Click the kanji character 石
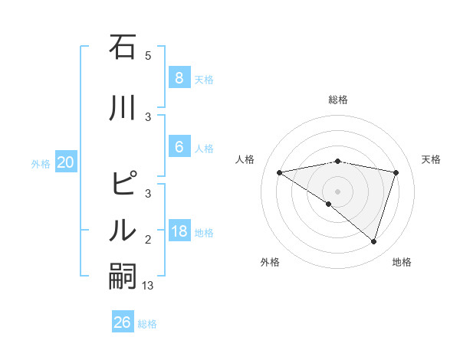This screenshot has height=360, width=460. (123, 47)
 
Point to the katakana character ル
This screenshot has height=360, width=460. (123, 231)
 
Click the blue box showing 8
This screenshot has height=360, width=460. (179, 78)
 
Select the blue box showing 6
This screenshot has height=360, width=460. (179, 147)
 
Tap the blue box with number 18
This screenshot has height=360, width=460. (179, 231)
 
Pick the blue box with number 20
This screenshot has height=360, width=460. (66, 162)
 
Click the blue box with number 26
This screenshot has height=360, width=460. (123, 322)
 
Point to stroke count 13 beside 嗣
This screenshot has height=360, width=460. (149, 286)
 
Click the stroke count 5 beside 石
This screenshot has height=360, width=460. (148, 56)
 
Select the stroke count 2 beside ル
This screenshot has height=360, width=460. (148, 240)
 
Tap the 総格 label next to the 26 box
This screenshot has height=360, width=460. (148, 324)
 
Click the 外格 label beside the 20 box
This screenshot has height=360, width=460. (41, 163)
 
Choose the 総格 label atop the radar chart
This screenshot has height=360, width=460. (338, 100)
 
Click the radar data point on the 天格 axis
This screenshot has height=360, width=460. (396, 172)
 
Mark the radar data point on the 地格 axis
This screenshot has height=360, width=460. (373, 241)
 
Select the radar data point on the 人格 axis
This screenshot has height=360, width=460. (280, 172)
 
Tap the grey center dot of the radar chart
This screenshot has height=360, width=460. (337, 191)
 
